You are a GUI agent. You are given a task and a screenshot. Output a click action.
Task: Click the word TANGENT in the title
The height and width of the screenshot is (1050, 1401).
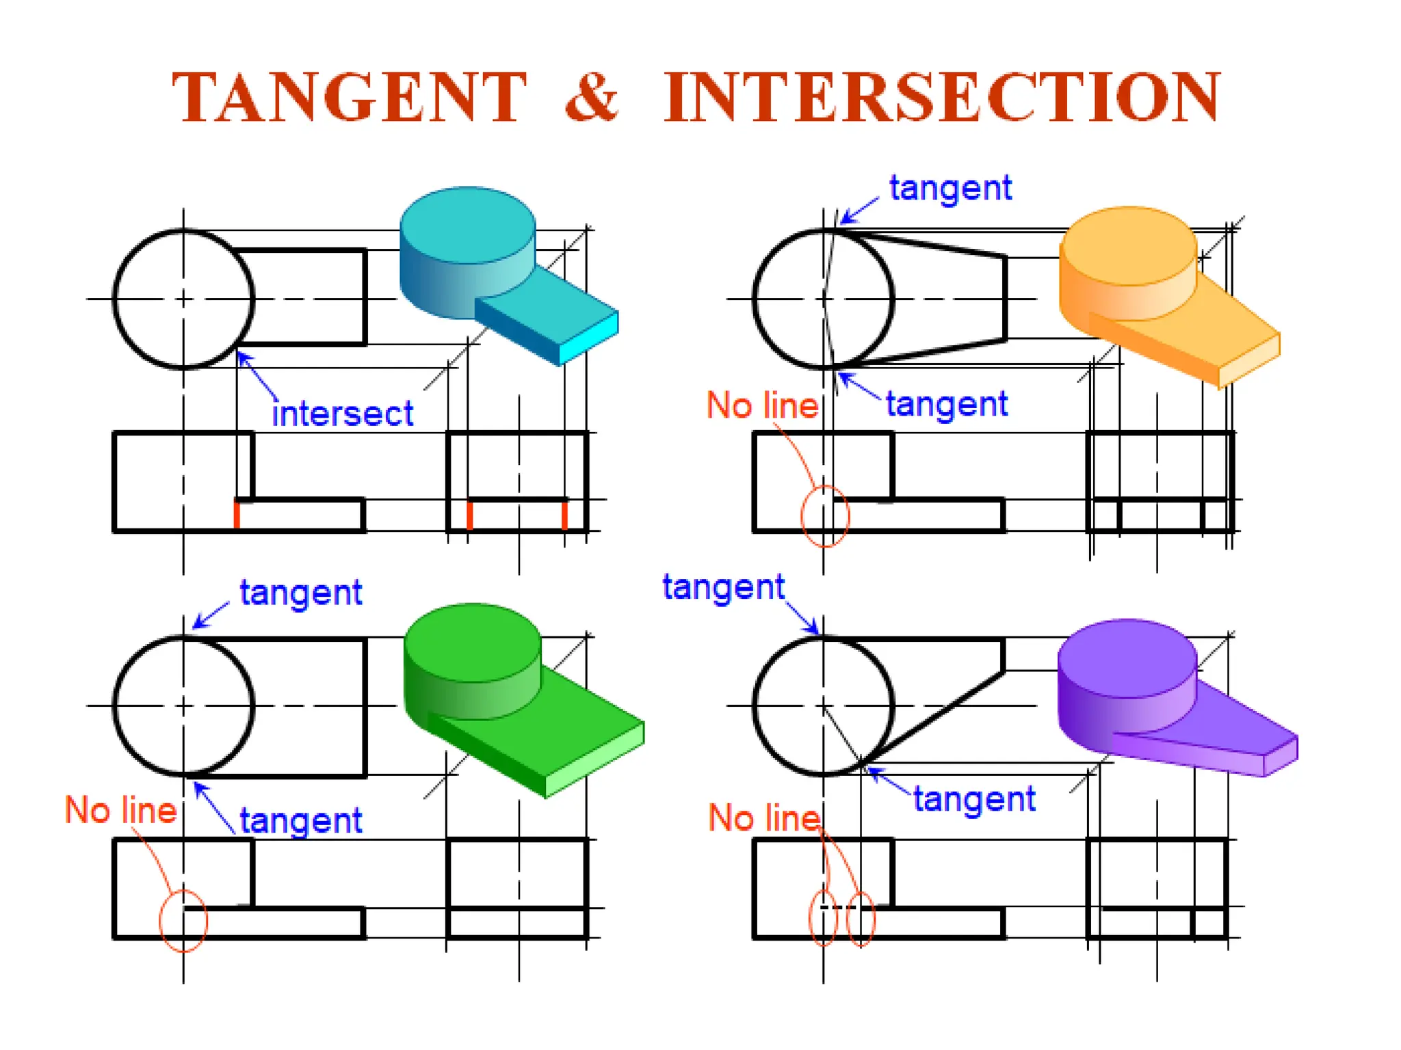349,98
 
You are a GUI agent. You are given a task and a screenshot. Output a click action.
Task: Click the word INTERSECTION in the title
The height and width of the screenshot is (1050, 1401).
943,98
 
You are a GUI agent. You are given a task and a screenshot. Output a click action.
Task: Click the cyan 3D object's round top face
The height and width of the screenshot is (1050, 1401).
467,224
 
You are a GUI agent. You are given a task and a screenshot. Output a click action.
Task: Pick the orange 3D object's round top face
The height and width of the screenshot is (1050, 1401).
1128,245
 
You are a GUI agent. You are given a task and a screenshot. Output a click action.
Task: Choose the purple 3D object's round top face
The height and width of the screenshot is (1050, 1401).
1127,658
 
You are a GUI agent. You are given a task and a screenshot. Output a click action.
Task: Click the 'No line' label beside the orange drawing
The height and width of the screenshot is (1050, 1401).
762,405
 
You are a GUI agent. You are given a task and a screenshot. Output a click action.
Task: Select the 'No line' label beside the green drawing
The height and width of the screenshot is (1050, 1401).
120,811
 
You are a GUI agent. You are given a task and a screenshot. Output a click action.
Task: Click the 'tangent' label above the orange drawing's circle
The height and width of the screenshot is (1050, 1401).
950,188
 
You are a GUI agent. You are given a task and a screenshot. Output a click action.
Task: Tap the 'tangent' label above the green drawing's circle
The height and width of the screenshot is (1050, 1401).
300,593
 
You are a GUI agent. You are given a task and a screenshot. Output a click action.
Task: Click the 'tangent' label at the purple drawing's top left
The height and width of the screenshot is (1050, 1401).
723,587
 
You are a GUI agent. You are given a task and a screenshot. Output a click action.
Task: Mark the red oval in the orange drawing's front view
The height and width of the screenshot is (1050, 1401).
825,516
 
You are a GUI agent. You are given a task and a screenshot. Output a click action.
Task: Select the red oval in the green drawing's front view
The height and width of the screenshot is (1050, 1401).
183,921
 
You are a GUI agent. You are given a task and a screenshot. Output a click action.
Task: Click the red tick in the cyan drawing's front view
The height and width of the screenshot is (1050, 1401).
237,514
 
